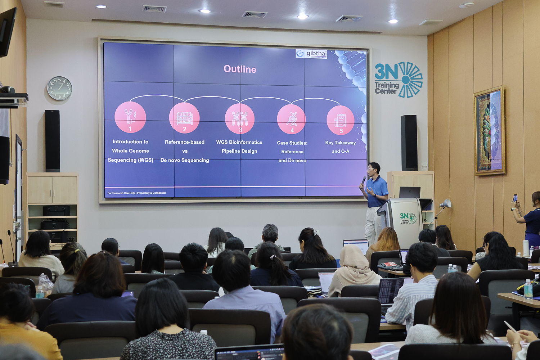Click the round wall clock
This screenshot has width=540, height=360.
tap(59, 88)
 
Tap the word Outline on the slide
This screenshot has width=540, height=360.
tap(240, 69)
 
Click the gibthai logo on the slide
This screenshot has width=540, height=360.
tap(311, 54)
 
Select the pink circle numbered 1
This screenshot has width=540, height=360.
tap(130, 117)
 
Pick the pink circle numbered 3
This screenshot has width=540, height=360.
tap(240, 118)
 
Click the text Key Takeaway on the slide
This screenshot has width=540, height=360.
tap(340, 143)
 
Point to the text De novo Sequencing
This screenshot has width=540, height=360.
tap(184, 160)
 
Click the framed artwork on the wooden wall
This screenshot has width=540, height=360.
tap(490, 131)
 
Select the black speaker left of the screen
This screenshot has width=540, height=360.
tap(53, 141)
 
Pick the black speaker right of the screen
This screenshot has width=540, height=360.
tap(409, 143)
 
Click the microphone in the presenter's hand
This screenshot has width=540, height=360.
tap(364, 180)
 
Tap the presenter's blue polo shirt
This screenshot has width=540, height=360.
tap(378, 191)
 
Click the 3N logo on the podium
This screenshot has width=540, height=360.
tap(408, 218)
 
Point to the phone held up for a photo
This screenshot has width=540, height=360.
tap(516, 198)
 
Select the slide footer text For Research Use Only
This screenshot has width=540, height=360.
tap(137, 193)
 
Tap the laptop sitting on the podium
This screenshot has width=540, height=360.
tap(410, 193)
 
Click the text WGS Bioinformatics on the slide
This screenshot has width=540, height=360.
tap(239, 142)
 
